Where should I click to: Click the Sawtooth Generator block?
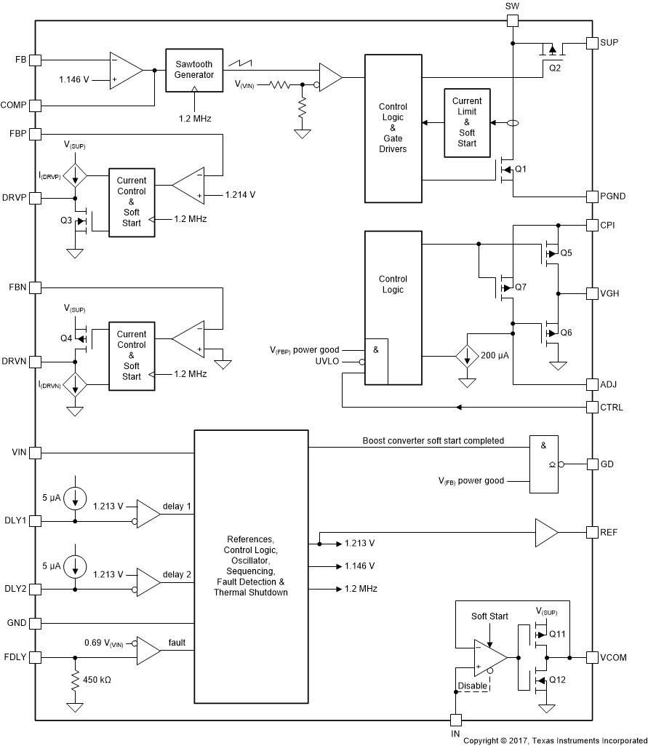click(x=193, y=70)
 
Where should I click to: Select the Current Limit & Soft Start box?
click(x=467, y=122)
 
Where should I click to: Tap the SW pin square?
click(x=512, y=20)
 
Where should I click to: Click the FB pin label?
click(x=20, y=60)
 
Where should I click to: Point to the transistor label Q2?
click(x=555, y=68)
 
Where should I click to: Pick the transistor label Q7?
click(x=520, y=287)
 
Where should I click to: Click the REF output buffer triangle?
click(x=545, y=532)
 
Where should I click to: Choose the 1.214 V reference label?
click(x=241, y=195)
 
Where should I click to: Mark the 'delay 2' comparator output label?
click(x=177, y=575)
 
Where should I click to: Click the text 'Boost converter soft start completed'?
click(x=433, y=441)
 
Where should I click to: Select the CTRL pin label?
click(x=612, y=408)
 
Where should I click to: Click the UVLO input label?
click(x=327, y=361)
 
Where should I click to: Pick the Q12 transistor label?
click(x=558, y=680)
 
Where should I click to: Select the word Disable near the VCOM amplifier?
click(x=473, y=686)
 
